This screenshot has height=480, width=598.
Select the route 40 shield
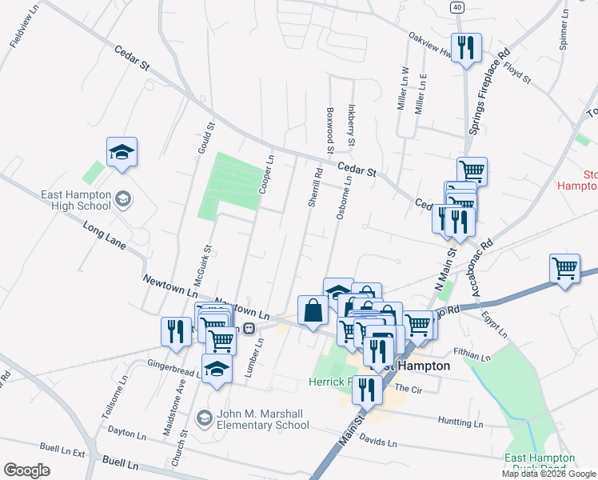point(456,6)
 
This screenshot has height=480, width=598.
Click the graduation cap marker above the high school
point(122,150)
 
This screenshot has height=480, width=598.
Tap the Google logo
point(26,470)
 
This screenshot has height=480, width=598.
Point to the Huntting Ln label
point(461,421)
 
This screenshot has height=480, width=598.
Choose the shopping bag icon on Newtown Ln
point(313,310)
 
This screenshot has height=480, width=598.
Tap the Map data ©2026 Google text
point(549,474)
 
